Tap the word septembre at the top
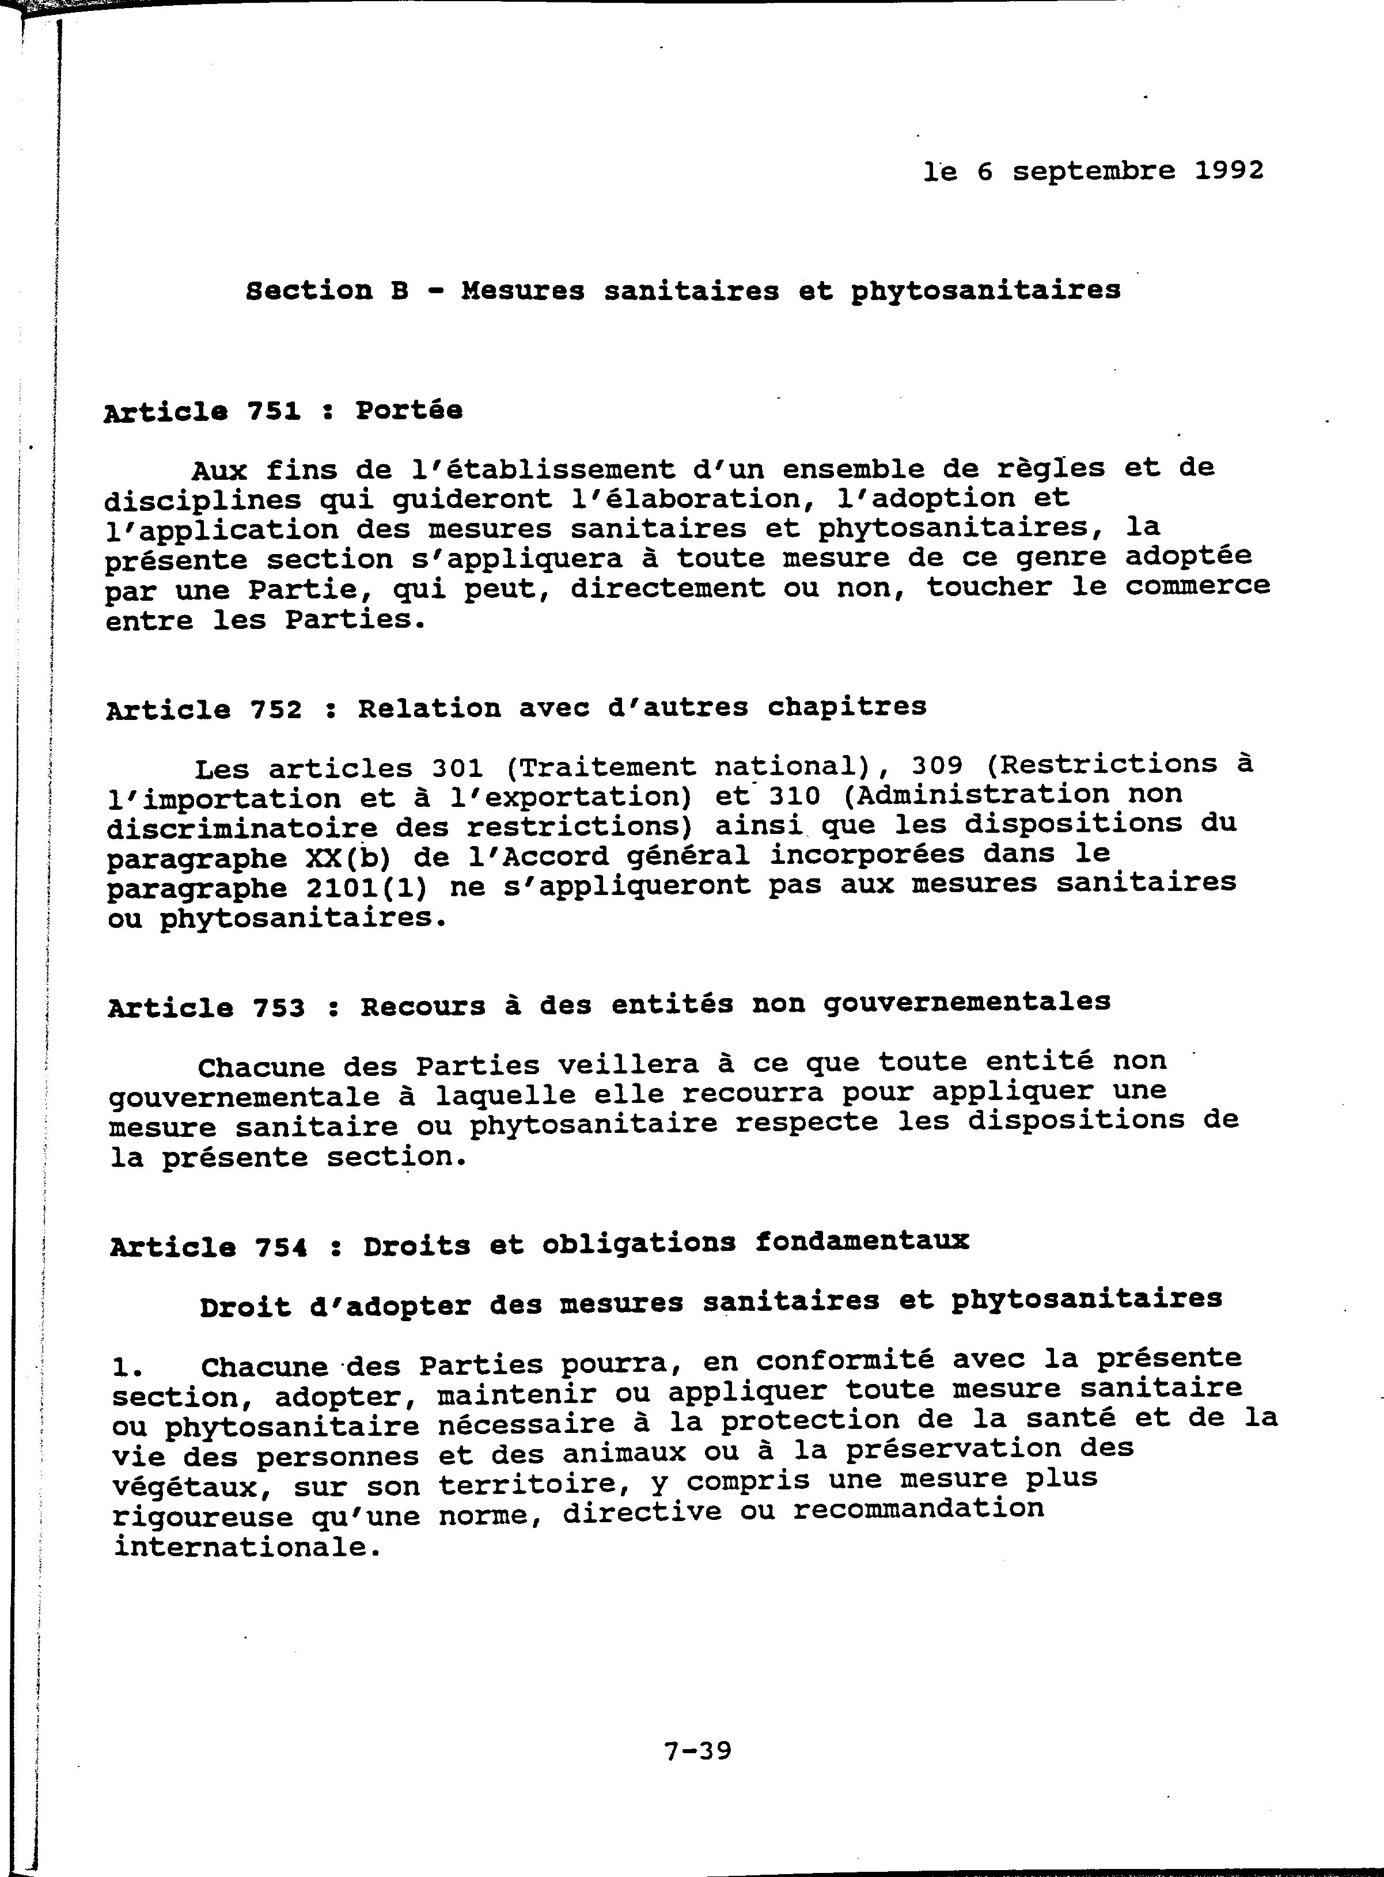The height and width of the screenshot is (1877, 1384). coord(1093,172)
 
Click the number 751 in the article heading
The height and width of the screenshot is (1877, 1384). coord(273,411)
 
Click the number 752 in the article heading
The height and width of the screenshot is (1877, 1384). coord(276,710)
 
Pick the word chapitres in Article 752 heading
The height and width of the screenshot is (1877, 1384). coord(847,707)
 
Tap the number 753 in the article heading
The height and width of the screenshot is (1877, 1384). coord(279,1007)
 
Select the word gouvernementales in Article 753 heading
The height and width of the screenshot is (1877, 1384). coord(967,1002)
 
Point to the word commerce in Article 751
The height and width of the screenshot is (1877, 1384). coord(1197,586)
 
